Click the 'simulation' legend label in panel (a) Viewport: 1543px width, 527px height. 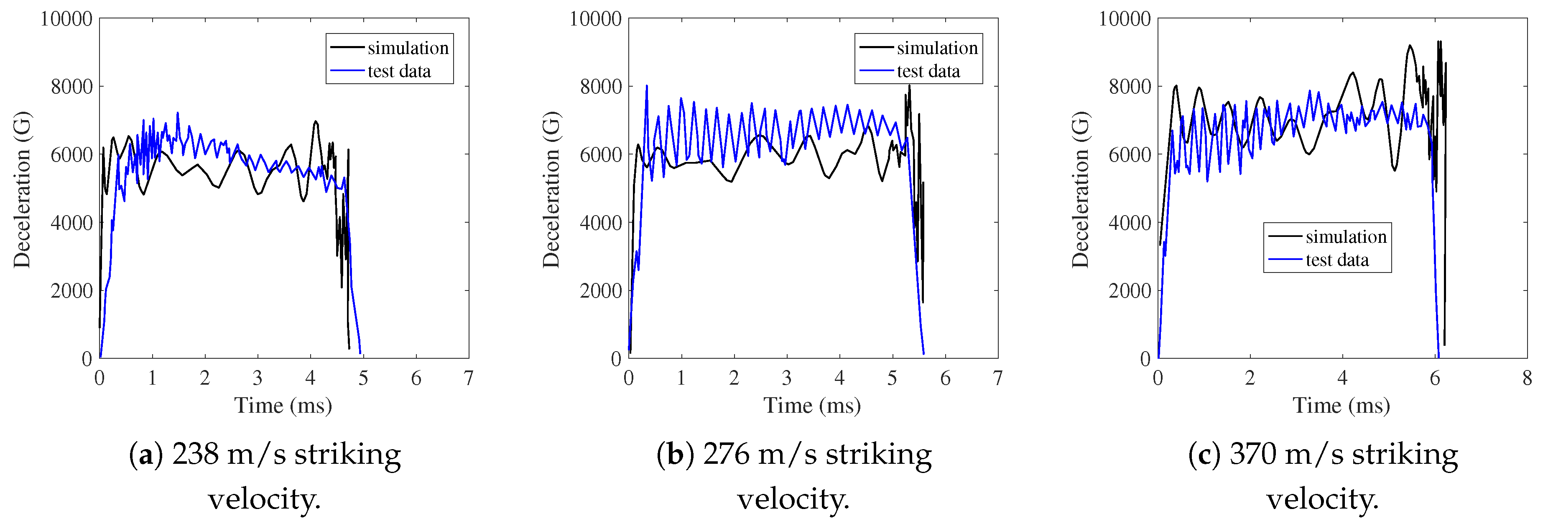408,48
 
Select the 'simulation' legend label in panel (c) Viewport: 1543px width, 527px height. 1346,237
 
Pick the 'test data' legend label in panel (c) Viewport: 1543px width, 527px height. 1337,260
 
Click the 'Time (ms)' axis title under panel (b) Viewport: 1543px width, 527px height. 812,406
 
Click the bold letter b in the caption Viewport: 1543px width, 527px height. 675,455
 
